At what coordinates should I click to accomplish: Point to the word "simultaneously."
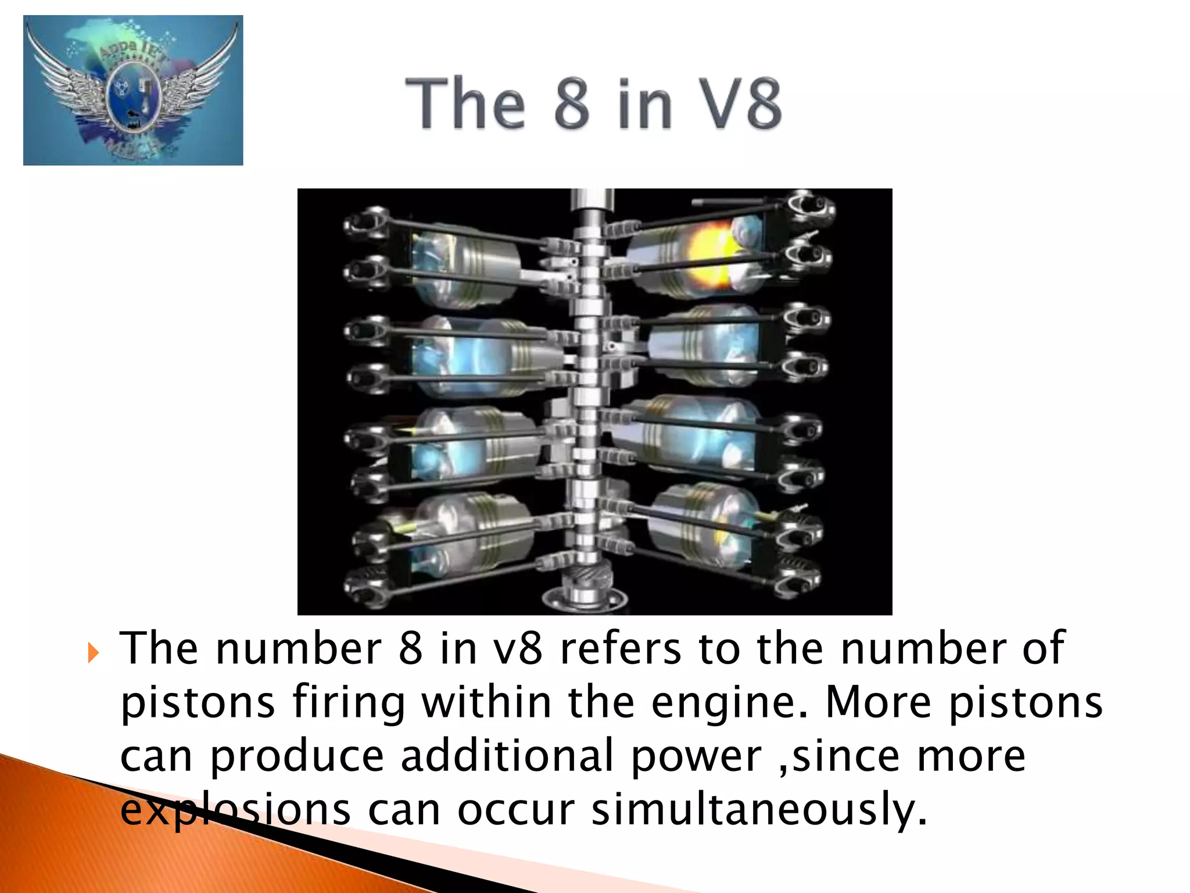click(758, 810)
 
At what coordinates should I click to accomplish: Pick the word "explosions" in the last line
click(235, 810)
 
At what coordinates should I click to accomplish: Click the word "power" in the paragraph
click(696, 757)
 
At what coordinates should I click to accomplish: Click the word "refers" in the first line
click(621, 649)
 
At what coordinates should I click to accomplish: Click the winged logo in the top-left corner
click(133, 90)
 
